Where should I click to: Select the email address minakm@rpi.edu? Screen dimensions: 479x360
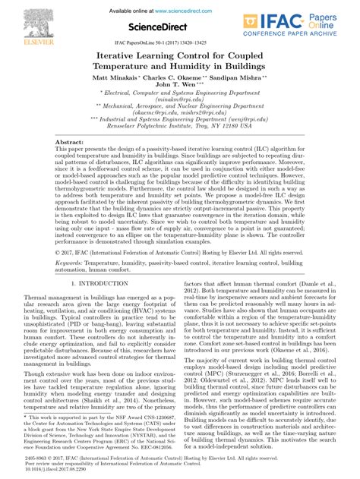[x=179, y=99]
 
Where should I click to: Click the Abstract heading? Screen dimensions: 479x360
[x=70, y=121]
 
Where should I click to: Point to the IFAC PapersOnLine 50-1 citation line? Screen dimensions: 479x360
[x=179, y=43]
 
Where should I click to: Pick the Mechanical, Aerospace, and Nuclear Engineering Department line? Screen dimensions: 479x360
[x=180, y=108]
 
